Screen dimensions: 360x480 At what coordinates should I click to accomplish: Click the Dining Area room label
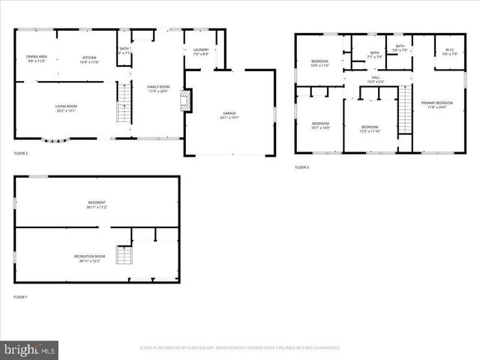37,58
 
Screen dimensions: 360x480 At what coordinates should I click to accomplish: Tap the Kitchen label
89,58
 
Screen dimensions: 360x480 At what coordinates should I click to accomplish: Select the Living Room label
66,108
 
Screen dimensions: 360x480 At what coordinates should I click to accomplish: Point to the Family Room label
158,88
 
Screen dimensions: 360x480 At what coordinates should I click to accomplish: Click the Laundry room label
201,52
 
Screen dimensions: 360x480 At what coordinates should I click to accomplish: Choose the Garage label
229,115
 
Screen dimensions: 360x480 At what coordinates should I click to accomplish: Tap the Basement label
97,204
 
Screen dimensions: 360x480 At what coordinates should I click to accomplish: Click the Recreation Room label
90,259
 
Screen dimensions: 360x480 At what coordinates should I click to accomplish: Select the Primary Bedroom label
436,104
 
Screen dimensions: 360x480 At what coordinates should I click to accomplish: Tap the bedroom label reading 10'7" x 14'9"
321,125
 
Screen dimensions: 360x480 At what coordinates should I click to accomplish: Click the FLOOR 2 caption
21,153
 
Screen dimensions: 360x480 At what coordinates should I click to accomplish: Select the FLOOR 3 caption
301,166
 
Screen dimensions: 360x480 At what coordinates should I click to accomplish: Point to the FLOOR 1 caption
20,297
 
